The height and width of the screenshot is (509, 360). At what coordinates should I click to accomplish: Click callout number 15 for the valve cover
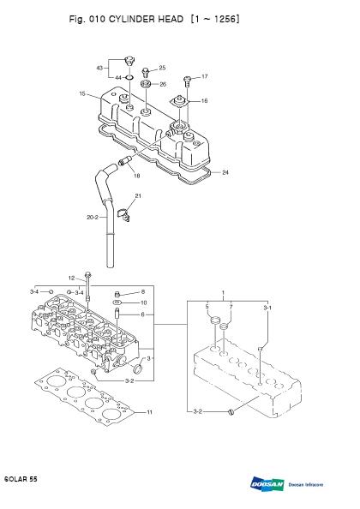tap(82, 93)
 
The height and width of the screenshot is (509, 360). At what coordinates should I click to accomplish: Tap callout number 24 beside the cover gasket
tap(225, 172)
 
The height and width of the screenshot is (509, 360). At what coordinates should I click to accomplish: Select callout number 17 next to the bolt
tap(205, 76)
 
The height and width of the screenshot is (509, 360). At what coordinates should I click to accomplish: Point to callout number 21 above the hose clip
tap(138, 195)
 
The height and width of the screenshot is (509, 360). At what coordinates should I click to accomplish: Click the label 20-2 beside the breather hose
tap(93, 217)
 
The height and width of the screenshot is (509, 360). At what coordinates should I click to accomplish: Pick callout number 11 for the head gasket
tap(150, 412)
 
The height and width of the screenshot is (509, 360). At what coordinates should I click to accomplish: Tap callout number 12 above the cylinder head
tap(72, 278)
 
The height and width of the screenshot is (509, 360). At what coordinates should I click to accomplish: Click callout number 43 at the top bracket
tap(99, 68)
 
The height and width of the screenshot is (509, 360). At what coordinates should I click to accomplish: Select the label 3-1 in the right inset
tap(267, 308)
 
